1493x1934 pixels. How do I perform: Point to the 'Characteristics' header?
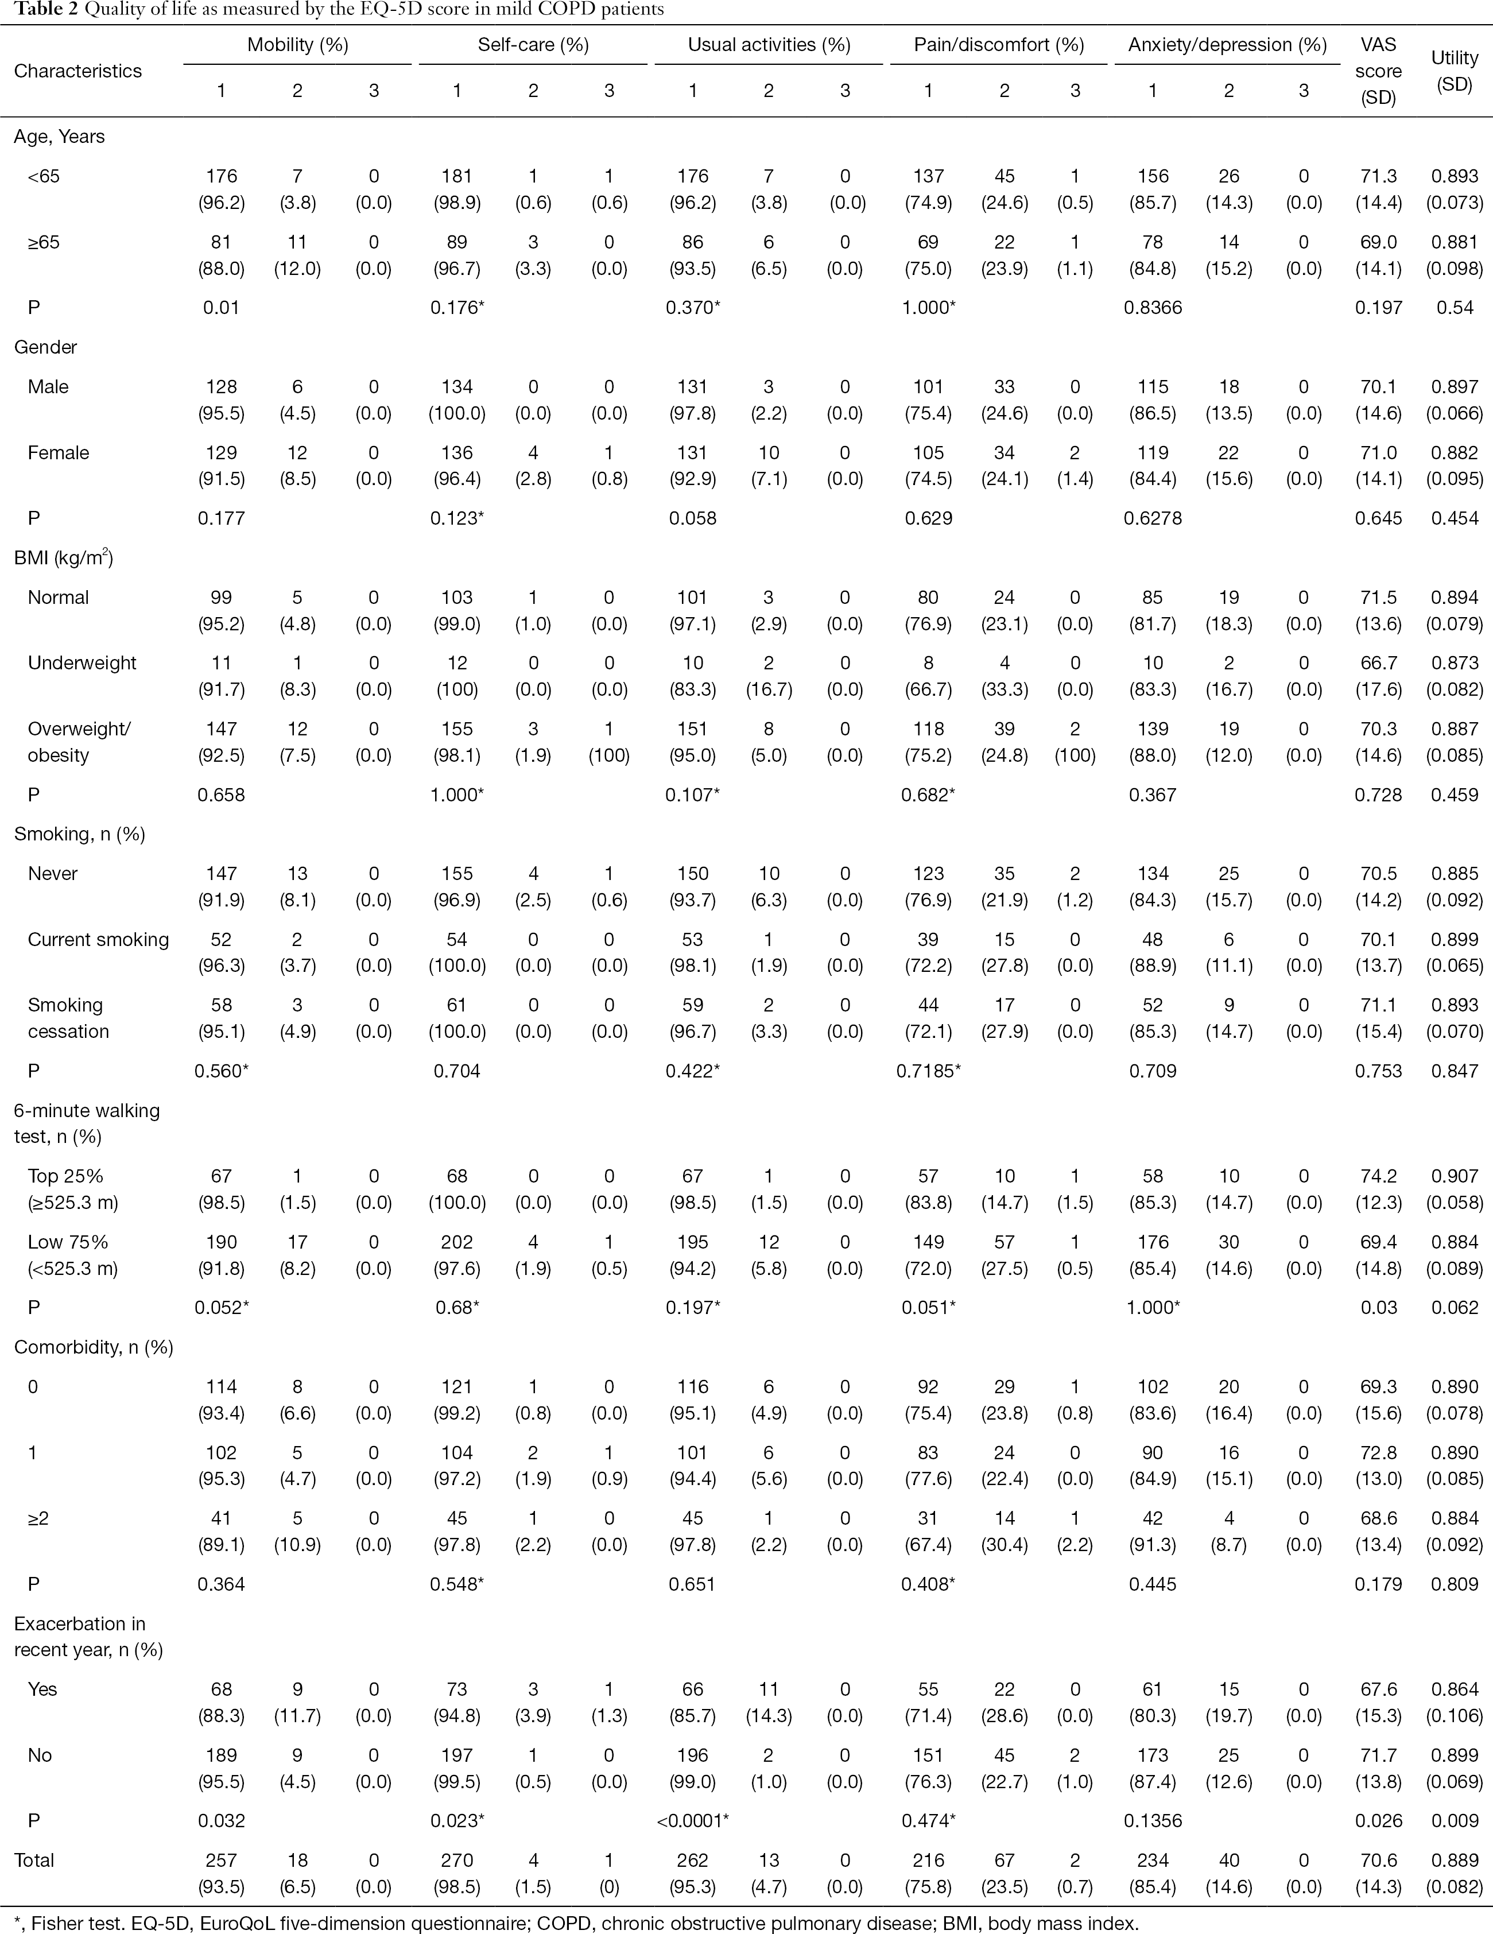(x=78, y=71)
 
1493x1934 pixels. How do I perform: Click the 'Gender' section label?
(x=45, y=347)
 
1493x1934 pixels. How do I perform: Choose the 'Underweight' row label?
(x=82, y=663)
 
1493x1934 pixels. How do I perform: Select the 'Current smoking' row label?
(x=98, y=940)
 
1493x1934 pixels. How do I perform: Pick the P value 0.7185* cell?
(x=929, y=1071)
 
